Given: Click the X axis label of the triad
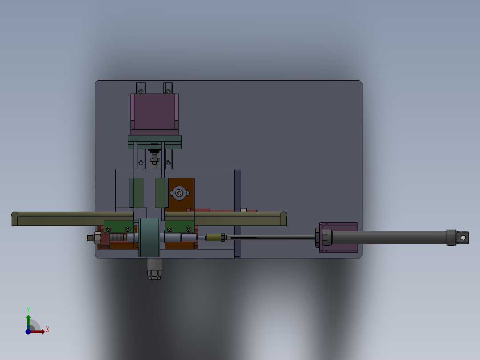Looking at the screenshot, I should (48, 330).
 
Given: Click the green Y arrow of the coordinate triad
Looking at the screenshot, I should (28, 320).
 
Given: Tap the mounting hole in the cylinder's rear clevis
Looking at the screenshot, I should (463, 238).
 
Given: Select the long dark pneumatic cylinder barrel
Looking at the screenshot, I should (387, 237).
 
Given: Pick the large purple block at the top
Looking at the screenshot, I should (154, 111).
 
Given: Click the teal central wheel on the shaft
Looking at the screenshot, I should (149, 237).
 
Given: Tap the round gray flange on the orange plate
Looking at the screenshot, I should (179, 193).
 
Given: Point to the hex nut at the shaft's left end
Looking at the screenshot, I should (97, 237).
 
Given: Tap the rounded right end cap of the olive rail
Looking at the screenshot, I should (283, 218).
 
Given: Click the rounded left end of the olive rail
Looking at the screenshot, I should (15, 219).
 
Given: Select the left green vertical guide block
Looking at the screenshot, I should (137, 193).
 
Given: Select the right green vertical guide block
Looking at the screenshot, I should (161, 193).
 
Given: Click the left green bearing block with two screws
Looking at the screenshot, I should (118, 227).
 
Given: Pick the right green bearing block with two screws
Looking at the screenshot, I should (179, 227).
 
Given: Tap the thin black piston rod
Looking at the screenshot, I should (272, 237).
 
